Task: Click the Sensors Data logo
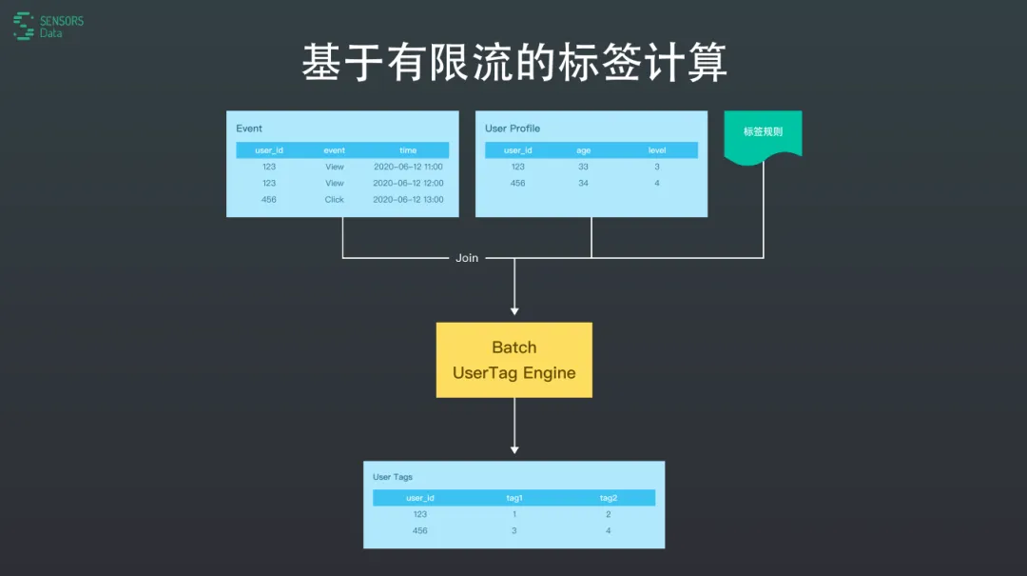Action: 48,27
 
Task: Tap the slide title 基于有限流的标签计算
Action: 514,63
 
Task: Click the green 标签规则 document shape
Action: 763,136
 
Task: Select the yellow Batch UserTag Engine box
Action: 514,360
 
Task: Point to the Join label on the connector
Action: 467,258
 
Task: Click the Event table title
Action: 249,129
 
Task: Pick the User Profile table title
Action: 513,129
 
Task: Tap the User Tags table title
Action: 393,477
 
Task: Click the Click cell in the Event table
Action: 334,199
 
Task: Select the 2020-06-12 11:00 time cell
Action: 408,167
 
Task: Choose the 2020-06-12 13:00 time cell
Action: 408,199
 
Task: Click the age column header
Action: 583,150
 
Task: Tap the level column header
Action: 657,150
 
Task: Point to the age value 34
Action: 583,183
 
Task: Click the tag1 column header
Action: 514,498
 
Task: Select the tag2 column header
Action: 608,498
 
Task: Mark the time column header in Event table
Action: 408,150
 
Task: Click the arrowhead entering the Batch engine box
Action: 514,311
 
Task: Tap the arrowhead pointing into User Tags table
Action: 514,450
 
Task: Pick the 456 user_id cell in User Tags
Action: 420,530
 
